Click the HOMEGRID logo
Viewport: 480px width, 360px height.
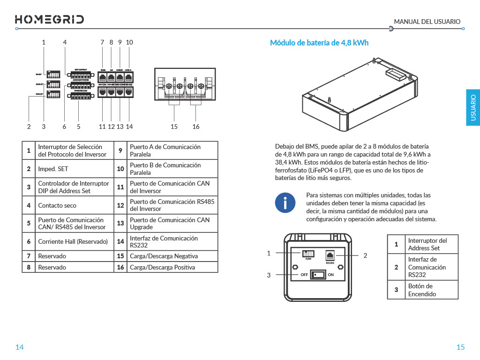[x=50, y=19]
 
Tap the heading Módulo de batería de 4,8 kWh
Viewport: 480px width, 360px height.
[x=319, y=43]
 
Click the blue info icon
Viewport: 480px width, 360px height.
[x=285, y=202]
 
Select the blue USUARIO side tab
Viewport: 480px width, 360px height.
[x=472, y=107]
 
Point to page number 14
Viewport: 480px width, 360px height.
[x=19, y=347]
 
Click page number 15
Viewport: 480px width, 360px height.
[x=460, y=347]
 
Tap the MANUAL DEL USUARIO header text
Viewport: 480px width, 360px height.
[x=427, y=22]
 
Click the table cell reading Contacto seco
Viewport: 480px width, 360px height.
[x=57, y=205]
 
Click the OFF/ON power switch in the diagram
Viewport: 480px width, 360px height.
[x=318, y=274]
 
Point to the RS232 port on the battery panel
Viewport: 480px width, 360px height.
[x=330, y=255]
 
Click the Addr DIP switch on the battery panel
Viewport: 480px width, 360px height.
[x=308, y=252]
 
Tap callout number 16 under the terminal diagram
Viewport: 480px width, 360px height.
[x=196, y=127]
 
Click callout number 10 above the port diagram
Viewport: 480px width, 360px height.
[x=129, y=42]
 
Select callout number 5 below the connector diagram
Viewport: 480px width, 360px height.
[x=79, y=127]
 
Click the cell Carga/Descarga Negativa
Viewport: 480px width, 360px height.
[x=164, y=256]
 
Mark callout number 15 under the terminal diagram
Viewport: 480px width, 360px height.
[x=174, y=127]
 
